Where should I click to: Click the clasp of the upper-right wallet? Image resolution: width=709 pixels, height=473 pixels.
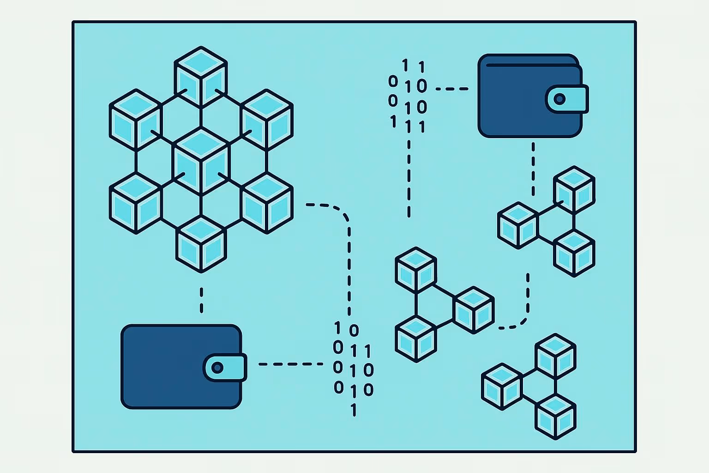click(566, 99)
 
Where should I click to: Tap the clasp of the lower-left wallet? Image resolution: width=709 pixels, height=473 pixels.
click(225, 368)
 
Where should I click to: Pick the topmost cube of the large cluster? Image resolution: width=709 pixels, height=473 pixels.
click(201, 77)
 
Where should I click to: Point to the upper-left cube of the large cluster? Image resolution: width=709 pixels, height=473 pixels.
click(135, 119)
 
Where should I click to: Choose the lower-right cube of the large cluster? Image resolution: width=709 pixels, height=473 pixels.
click(267, 203)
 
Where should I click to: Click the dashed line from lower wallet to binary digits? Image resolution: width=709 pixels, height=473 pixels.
click(291, 364)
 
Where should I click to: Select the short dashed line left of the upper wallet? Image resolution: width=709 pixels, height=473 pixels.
click(451, 89)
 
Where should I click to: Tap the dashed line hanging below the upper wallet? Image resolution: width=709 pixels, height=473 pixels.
click(533, 169)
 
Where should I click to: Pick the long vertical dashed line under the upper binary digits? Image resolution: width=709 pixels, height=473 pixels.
click(409, 176)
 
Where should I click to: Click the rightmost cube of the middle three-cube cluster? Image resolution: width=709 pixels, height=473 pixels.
click(474, 310)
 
